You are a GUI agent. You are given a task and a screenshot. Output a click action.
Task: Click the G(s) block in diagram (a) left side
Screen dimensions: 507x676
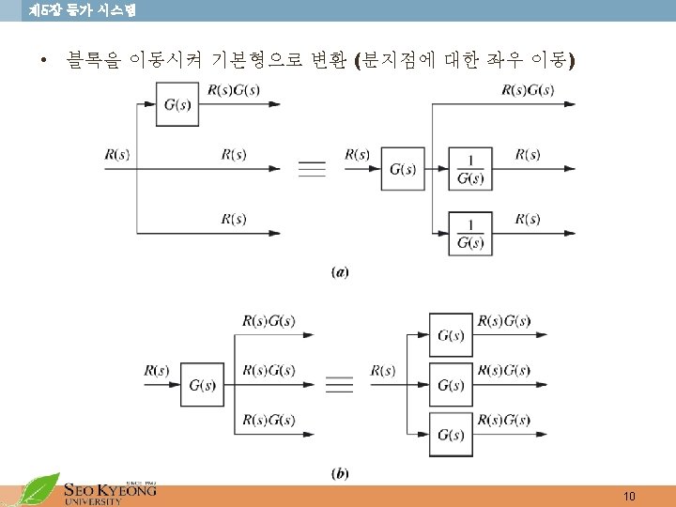177,104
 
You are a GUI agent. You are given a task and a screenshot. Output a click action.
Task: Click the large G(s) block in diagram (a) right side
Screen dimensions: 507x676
403,169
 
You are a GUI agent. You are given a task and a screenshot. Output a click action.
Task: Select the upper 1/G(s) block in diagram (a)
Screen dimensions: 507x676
470,169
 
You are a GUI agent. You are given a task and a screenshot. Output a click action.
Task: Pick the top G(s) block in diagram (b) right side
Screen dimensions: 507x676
451,336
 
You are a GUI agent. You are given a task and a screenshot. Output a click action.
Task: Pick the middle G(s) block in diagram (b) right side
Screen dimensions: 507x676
451,386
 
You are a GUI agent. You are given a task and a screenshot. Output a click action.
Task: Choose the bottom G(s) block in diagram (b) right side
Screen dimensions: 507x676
451,436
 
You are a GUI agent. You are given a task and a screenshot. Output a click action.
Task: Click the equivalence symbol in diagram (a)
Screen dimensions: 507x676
312,169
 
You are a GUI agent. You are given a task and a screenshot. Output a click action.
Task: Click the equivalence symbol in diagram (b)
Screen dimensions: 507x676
339,386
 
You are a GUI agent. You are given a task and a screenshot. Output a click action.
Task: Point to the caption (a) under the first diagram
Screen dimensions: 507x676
340,272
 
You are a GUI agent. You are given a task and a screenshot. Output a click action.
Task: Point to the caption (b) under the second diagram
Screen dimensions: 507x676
340,473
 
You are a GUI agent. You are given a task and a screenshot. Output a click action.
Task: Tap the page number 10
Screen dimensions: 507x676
629,495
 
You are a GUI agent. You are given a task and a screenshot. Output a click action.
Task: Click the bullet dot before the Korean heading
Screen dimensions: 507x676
44,63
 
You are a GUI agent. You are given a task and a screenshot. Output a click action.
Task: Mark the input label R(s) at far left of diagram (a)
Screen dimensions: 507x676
117,154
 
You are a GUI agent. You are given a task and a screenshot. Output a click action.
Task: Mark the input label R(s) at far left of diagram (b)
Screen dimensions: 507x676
157,371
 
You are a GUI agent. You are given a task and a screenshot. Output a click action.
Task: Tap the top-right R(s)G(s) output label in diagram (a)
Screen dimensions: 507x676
528,89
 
